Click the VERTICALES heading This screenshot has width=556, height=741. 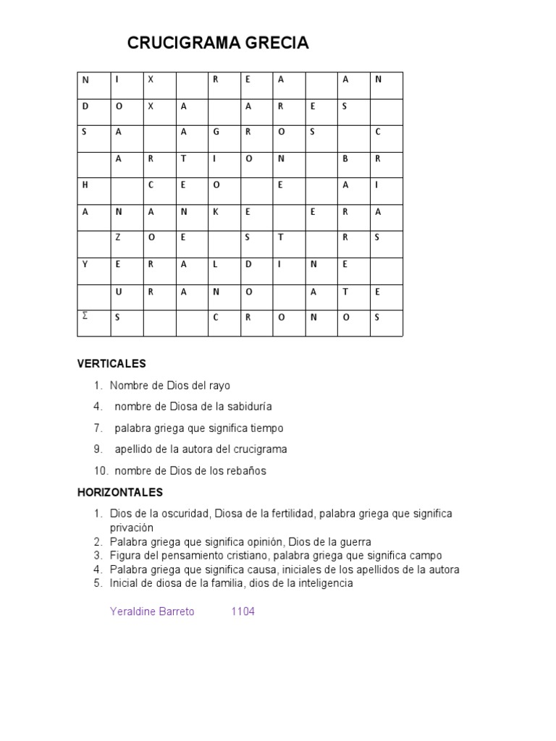[111, 364]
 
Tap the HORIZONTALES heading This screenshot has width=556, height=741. [120, 493]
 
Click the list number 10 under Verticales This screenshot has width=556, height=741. [100, 471]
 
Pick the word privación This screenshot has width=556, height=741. [132, 528]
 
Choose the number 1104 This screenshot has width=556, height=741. [243, 611]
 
